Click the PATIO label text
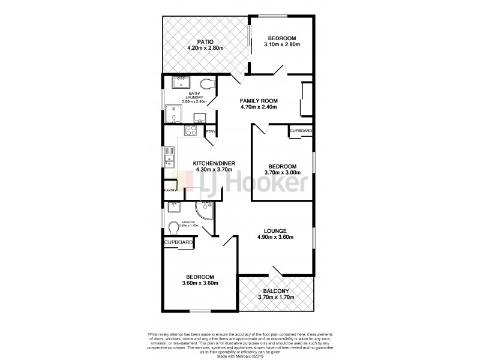coord(205,41)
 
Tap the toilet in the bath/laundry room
coord(208,84)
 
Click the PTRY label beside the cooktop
coord(211,131)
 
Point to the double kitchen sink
coord(169,158)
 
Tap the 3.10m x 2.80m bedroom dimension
coord(281,44)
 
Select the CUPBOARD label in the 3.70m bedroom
coord(301,131)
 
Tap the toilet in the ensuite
coord(174,229)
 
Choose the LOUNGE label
coord(275,230)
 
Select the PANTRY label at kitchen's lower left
coord(170,191)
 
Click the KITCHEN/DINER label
coord(214,163)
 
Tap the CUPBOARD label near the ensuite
coord(179,242)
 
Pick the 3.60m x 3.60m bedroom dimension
coord(200,283)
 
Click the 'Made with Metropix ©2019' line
coord(239,354)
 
